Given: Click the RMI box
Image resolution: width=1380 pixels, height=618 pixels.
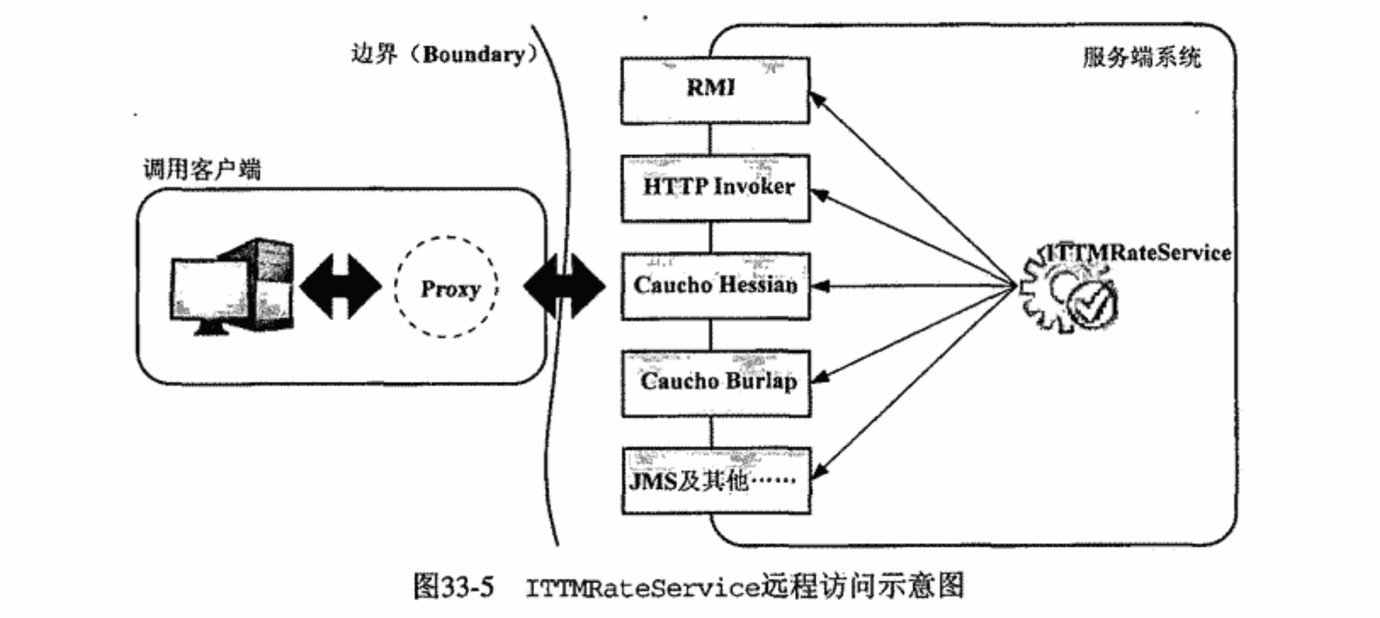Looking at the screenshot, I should click(714, 90).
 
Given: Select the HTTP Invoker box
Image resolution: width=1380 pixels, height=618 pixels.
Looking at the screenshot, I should click(716, 188).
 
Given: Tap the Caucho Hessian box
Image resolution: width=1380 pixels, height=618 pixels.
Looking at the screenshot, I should click(716, 286).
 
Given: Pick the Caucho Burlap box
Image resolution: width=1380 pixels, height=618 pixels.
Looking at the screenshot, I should click(716, 383).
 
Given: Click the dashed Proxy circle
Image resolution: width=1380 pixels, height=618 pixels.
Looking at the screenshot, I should click(447, 287).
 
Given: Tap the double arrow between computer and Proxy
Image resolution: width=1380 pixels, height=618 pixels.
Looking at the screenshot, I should click(340, 286).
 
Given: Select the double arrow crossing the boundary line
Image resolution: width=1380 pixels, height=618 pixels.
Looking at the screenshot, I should click(564, 286).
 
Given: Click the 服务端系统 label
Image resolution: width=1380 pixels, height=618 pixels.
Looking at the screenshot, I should click(1141, 57).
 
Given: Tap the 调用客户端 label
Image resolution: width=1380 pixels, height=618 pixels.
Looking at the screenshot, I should click(202, 169).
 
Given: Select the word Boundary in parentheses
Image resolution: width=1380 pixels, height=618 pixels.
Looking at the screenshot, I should click(474, 55).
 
